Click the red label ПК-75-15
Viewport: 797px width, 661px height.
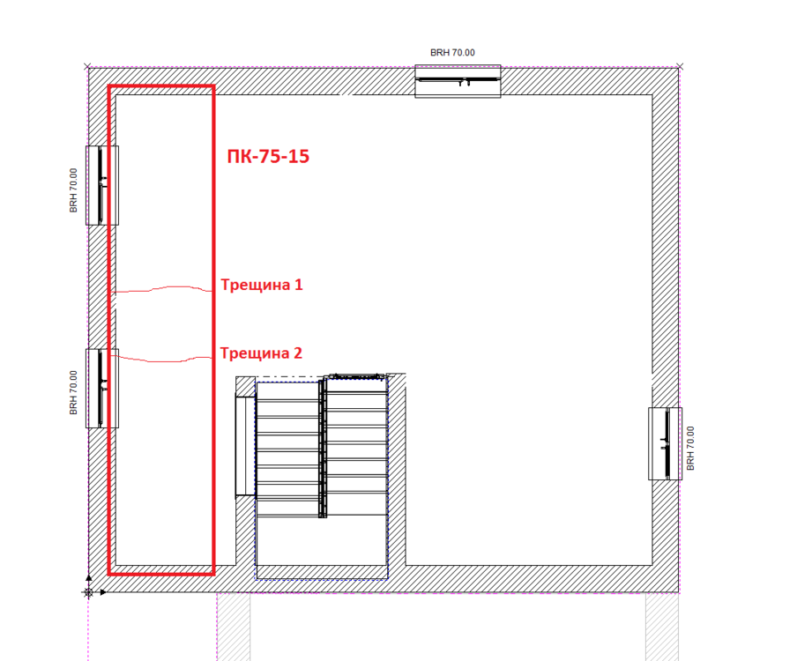(268, 157)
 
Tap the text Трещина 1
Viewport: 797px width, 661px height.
(261, 286)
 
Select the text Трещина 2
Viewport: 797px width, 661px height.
(261, 353)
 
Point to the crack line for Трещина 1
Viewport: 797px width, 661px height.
(163, 289)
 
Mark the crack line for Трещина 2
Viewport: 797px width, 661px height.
(163, 359)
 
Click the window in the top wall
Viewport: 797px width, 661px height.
(458, 81)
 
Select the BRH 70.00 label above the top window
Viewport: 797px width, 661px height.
(452, 53)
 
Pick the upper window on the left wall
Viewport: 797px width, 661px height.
(102, 185)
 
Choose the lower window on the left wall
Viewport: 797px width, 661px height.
(102, 388)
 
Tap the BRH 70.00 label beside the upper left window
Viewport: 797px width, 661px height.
(74, 190)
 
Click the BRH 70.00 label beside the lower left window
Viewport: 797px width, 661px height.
(74, 392)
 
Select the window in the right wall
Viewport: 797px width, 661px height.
(666, 443)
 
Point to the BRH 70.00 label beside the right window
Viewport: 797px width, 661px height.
(691, 448)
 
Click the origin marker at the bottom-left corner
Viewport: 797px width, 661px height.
(88, 592)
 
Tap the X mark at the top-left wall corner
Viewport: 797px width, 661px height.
(86, 66)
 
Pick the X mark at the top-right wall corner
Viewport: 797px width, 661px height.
(680, 66)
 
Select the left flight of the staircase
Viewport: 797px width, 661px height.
(287, 449)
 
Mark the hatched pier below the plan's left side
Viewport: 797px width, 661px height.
(234, 626)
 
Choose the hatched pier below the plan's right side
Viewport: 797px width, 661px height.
(662, 626)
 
